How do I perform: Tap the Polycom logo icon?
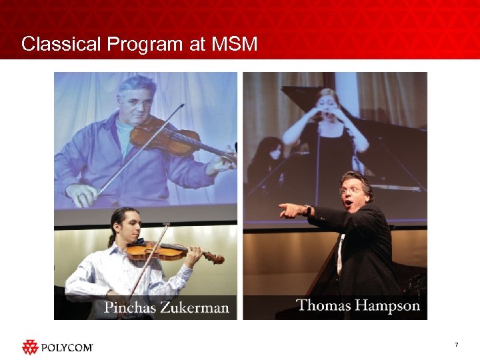(x=30, y=347)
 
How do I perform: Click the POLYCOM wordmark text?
(x=67, y=347)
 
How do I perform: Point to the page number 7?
(x=456, y=345)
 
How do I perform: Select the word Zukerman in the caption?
(x=197, y=308)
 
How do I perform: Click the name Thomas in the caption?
(x=324, y=306)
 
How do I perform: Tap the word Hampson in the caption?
(x=389, y=307)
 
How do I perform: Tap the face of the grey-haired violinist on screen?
(x=136, y=100)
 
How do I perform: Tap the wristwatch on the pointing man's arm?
(x=309, y=209)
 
